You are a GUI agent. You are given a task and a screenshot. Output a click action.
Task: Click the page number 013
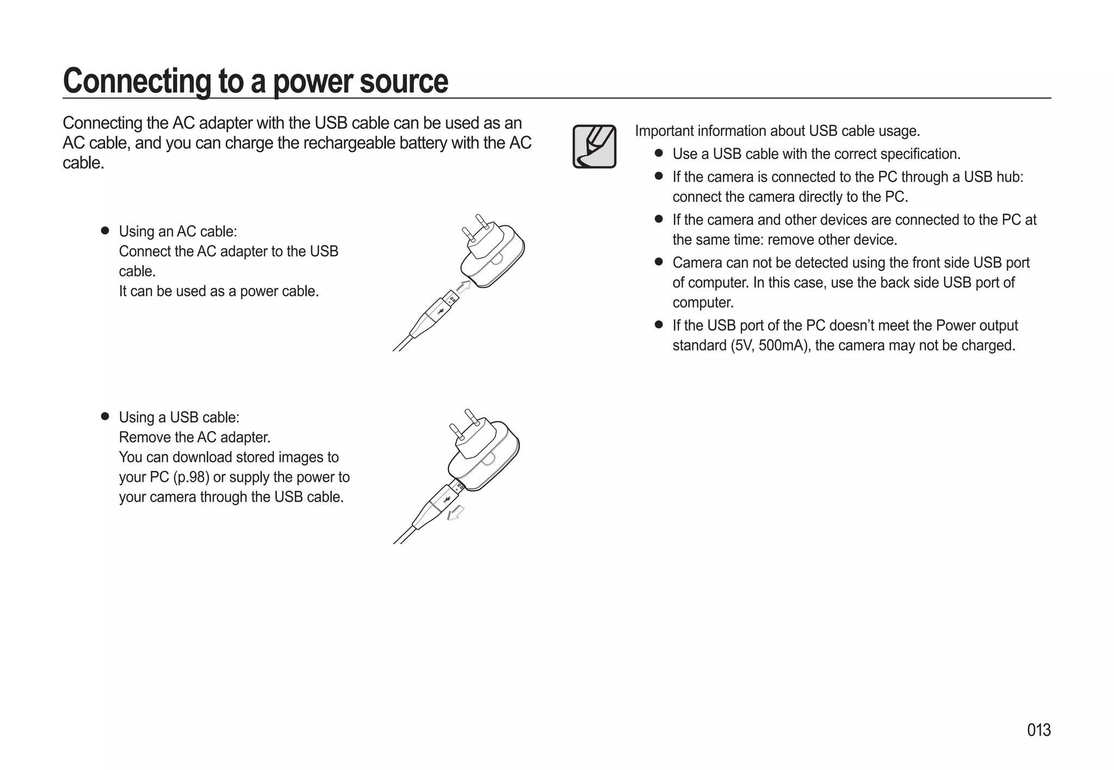point(1038,730)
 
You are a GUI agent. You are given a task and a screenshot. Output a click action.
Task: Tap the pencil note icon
point(594,146)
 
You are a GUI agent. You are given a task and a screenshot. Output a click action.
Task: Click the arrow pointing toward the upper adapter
point(463,286)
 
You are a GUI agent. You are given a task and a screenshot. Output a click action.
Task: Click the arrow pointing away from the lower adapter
point(455,513)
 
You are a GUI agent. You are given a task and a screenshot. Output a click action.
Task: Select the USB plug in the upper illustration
point(442,309)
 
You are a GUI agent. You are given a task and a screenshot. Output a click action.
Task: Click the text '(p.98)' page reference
point(191,477)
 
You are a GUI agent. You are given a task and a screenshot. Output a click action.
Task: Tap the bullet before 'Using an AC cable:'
point(105,231)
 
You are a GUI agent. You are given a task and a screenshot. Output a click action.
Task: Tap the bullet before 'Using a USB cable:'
point(105,417)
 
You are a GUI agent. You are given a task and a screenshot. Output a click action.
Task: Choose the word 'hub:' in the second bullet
point(1009,177)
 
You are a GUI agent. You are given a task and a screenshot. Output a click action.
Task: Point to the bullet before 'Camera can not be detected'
point(659,262)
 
